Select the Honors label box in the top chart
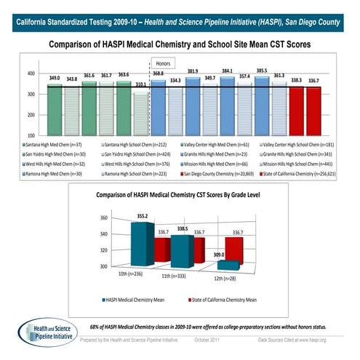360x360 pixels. point(161,63)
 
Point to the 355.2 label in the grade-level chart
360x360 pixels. point(143,216)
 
